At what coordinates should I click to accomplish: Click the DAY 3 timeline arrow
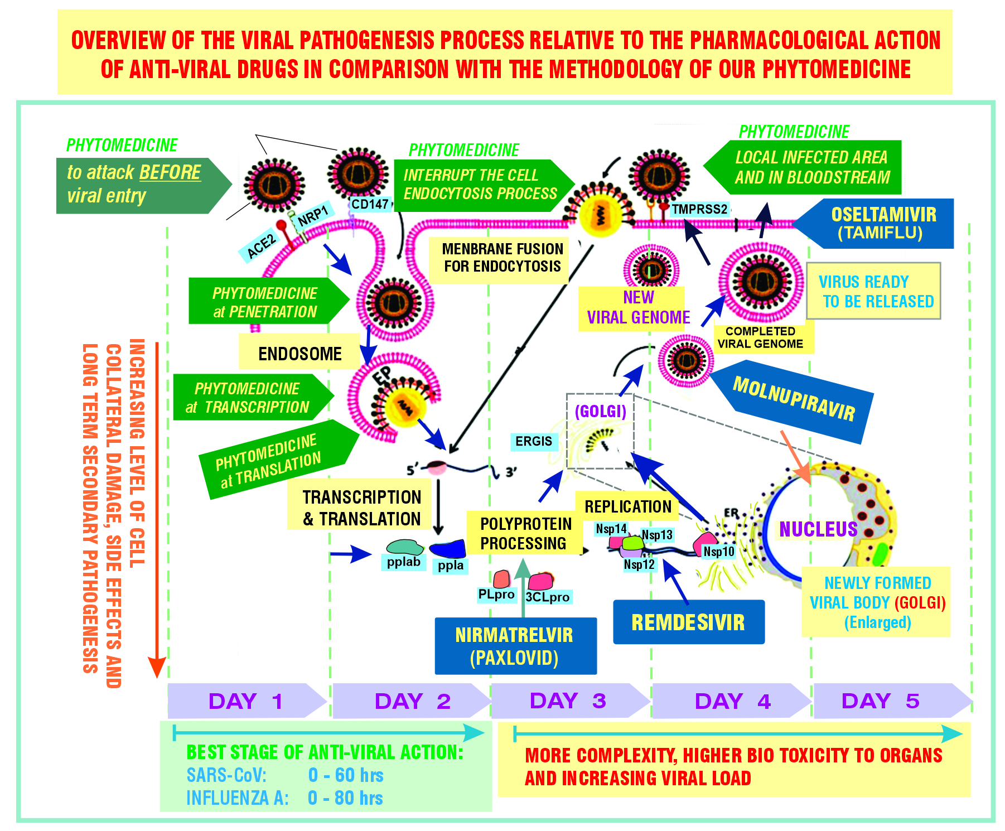coord(569,700)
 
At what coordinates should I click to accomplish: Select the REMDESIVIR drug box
coord(688,622)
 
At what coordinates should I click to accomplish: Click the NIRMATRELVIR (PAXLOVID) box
coord(515,646)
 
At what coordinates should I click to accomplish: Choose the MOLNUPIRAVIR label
coord(794,399)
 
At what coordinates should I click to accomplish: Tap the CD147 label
coord(370,204)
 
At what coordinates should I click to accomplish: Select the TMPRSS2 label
coord(699,210)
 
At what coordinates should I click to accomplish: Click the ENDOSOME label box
coord(299,354)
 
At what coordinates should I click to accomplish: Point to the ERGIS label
coord(534,441)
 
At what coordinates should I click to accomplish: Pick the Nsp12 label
coord(639,564)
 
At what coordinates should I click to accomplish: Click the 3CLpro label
coord(548,597)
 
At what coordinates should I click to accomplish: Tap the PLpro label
coord(496,595)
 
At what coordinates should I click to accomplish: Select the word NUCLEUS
coord(818,529)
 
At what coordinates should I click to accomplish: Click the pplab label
coord(403,562)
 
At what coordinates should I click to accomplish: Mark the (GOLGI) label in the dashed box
coord(600,412)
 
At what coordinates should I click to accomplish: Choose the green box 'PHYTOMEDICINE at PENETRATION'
coord(265,302)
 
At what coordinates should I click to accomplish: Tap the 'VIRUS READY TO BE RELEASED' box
coord(874,291)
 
